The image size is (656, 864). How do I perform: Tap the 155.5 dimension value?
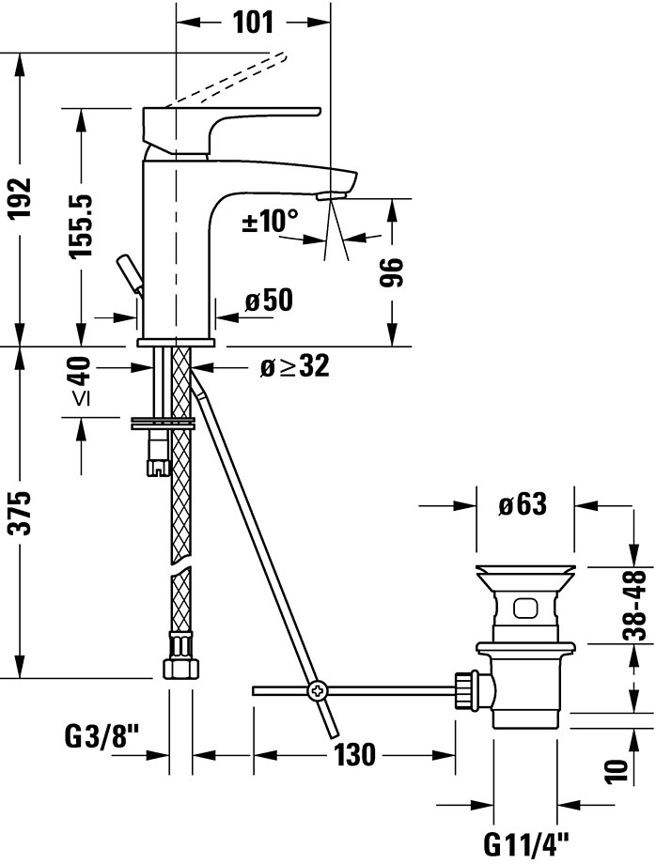point(80,225)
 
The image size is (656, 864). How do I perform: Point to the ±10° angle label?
point(270,223)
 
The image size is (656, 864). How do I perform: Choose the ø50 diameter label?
point(268,301)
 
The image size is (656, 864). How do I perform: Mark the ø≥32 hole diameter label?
point(294,366)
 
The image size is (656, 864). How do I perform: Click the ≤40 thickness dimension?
point(80,382)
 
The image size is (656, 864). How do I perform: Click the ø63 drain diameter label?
point(523,504)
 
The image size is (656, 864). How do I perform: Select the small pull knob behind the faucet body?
point(129,272)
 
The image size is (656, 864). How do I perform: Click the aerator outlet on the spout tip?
point(331,195)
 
